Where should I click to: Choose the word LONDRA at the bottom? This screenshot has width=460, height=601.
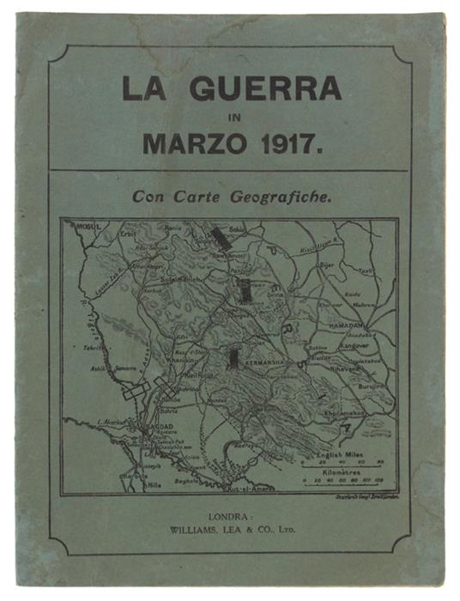coord(229,518)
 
